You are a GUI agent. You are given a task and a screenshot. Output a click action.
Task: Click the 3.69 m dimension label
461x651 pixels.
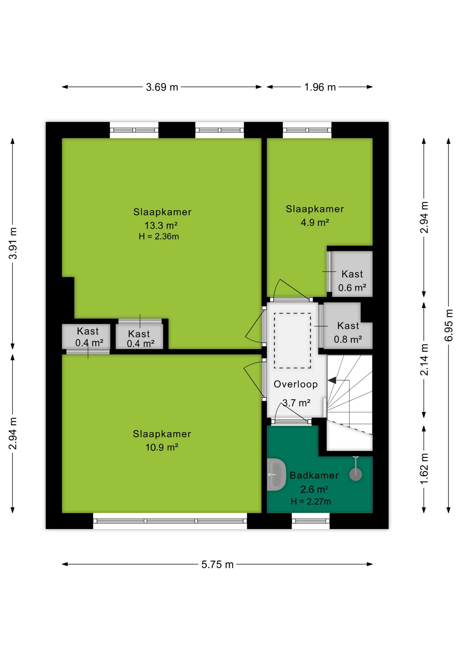(x=162, y=87)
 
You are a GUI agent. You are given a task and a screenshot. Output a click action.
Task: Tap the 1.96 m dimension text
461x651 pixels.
(x=320, y=87)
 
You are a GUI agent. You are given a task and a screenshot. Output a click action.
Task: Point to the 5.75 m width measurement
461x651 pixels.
(x=217, y=565)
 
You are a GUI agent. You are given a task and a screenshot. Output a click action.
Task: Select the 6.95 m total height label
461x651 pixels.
(x=448, y=325)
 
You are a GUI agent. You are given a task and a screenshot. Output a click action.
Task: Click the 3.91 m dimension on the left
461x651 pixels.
(x=13, y=243)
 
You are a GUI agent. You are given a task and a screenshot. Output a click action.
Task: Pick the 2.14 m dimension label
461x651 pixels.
(x=424, y=359)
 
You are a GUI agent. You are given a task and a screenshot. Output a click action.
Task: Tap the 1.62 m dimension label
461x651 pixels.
(x=424, y=469)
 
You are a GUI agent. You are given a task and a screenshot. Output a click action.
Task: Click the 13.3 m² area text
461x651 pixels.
(x=161, y=225)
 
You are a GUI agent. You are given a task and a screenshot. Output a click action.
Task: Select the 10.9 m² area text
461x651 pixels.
(x=162, y=447)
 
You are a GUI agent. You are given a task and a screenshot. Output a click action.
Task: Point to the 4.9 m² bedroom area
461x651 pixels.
(x=315, y=222)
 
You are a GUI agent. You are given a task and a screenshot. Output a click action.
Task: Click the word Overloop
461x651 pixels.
(x=296, y=384)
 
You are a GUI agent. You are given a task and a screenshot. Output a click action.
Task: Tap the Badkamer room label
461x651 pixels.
(x=314, y=475)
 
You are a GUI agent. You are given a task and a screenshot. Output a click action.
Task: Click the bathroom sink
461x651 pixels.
(x=276, y=475)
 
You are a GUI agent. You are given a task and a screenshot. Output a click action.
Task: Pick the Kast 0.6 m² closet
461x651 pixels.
(x=352, y=274)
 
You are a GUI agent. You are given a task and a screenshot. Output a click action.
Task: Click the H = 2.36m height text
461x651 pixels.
(x=159, y=237)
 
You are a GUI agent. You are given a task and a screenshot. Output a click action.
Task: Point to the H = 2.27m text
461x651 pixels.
(x=311, y=501)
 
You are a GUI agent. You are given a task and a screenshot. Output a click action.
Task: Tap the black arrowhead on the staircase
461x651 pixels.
(x=332, y=380)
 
